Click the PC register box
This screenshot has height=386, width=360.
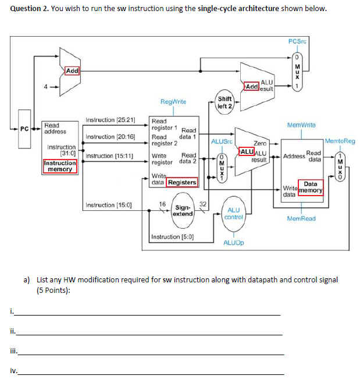[x=24, y=128]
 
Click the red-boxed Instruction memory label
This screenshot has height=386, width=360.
[x=60, y=167]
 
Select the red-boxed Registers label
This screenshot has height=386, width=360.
[x=182, y=183]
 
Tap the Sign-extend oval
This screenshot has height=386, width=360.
[x=183, y=210]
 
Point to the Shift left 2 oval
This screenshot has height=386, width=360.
[x=224, y=102]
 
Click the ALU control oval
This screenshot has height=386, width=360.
[x=234, y=213]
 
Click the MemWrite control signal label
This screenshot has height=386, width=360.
[x=301, y=125]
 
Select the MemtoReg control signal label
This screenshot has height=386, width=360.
[x=340, y=141]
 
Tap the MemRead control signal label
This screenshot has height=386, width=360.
[x=301, y=218]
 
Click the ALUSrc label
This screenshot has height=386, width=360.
[x=221, y=141]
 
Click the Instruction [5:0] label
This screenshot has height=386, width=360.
[x=172, y=237]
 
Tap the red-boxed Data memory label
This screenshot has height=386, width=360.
[x=311, y=187]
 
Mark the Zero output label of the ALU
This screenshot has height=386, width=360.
[x=260, y=143]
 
